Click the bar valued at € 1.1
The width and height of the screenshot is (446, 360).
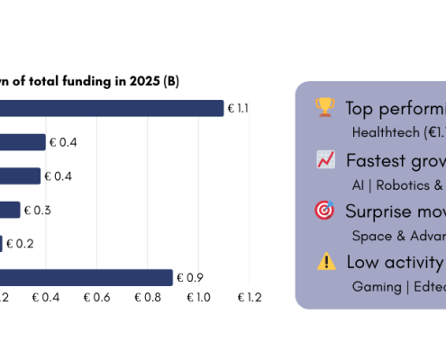click(x=112, y=108)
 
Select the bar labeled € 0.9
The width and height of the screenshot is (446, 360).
click(x=86, y=277)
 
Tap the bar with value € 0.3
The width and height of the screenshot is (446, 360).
click(x=10, y=210)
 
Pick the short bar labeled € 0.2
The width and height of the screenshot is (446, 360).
click(x=2, y=243)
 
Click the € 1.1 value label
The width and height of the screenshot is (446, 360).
click(x=239, y=108)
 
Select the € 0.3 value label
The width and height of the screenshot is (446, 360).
click(x=38, y=210)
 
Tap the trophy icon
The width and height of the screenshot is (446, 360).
click(x=324, y=108)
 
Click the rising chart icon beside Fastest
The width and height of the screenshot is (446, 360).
click(x=325, y=159)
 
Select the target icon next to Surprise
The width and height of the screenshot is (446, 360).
click(x=324, y=211)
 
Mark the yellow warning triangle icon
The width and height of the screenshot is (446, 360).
click(x=325, y=262)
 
